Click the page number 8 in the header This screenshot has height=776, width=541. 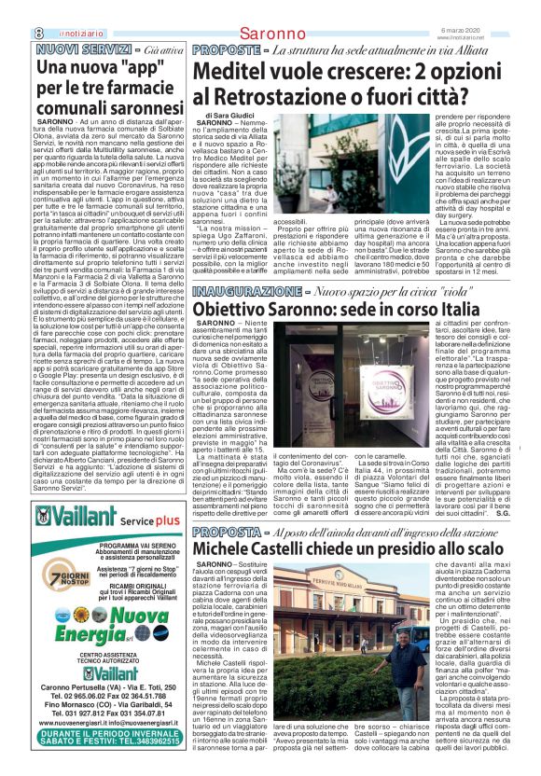13,8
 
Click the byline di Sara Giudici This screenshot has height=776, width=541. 228,116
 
